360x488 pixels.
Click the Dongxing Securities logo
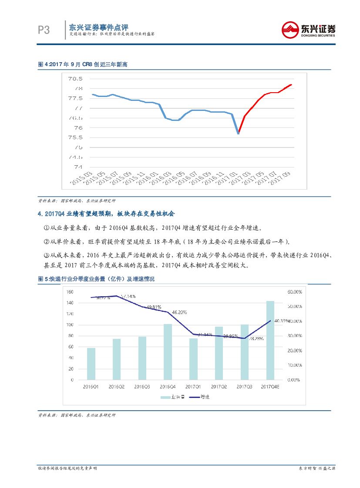coord(309,30)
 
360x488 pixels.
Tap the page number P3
coord(44,30)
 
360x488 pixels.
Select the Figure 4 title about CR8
coord(83,64)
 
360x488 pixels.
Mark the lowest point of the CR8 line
coord(238,133)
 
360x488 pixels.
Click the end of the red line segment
coord(291,85)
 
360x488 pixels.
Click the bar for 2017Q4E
coord(270,340)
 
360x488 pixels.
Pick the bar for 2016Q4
coord(168,351)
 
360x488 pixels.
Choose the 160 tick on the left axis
coord(70,292)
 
